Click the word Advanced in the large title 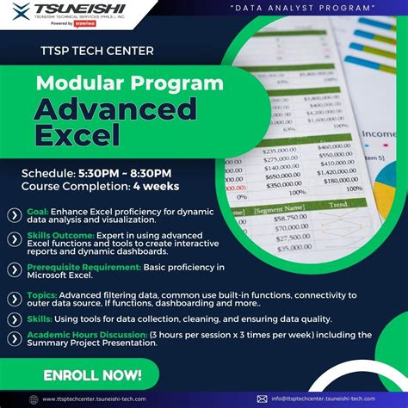[x=115, y=110]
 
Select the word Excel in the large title [x=77, y=136]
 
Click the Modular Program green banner [x=117, y=83]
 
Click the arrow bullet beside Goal [x=15, y=215]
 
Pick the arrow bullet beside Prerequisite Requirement [x=15, y=269]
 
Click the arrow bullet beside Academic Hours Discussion [x=15, y=339]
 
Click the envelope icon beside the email [x=262, y=399]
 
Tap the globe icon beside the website [x=34, y=399]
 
